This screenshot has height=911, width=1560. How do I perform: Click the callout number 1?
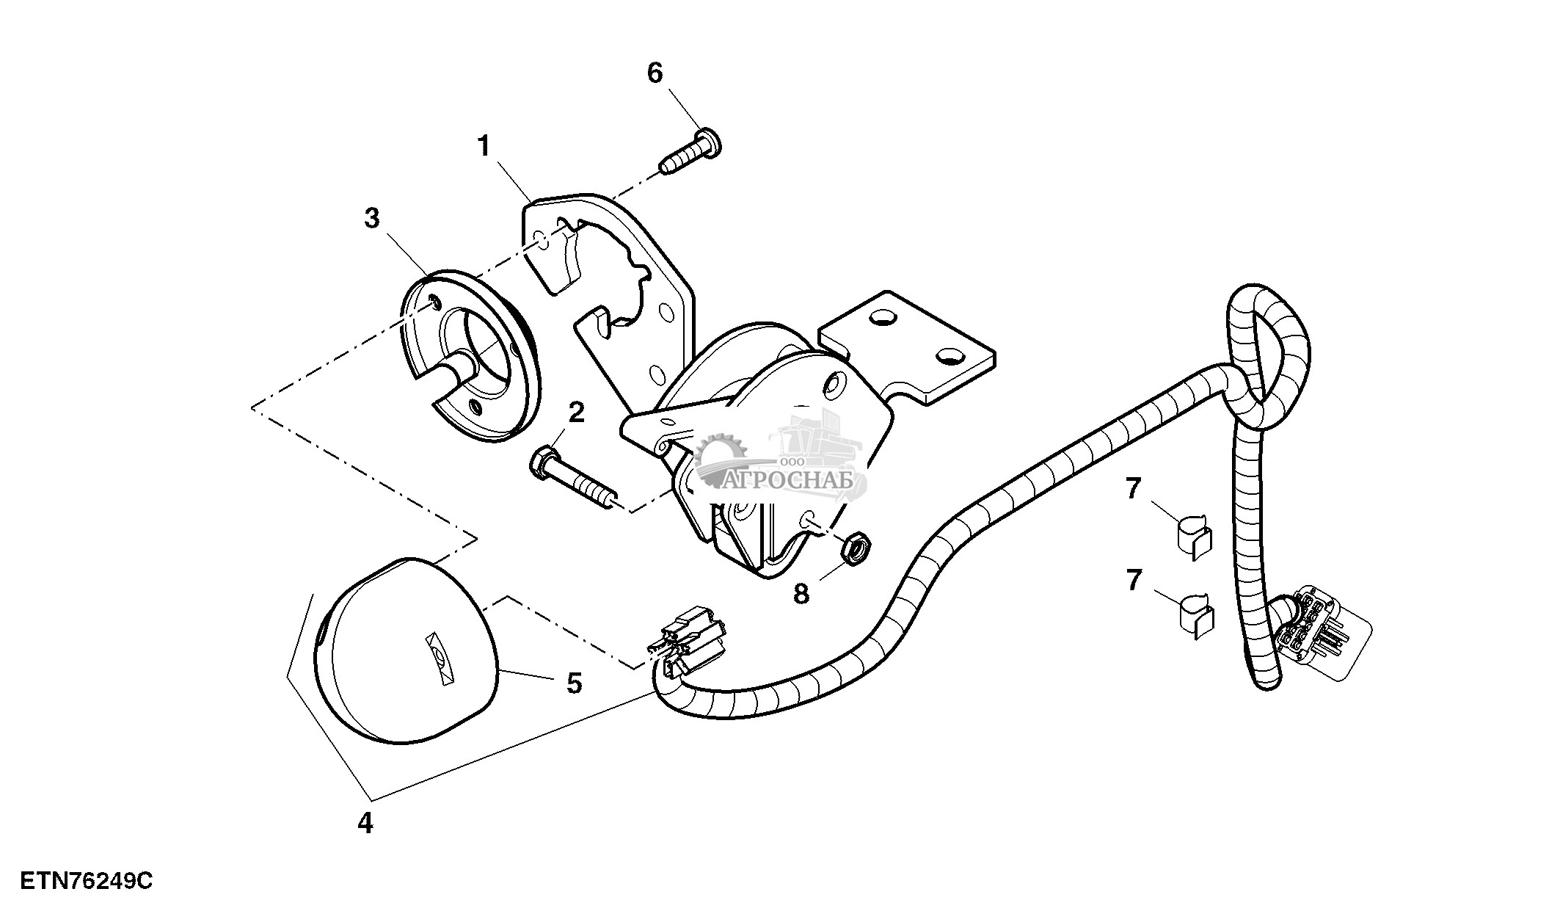484,148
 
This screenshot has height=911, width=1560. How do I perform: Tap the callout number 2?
577,413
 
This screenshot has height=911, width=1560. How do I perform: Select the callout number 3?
372,219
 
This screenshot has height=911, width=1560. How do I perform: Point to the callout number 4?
365,823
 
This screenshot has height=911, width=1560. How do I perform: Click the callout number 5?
574,683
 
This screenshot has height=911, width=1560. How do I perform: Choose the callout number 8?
801,593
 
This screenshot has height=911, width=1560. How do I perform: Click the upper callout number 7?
1134,489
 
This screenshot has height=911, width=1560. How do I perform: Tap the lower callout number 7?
1134,580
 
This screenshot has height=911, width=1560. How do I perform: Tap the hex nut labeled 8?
855,548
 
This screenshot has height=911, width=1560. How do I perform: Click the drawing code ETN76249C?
87,880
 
